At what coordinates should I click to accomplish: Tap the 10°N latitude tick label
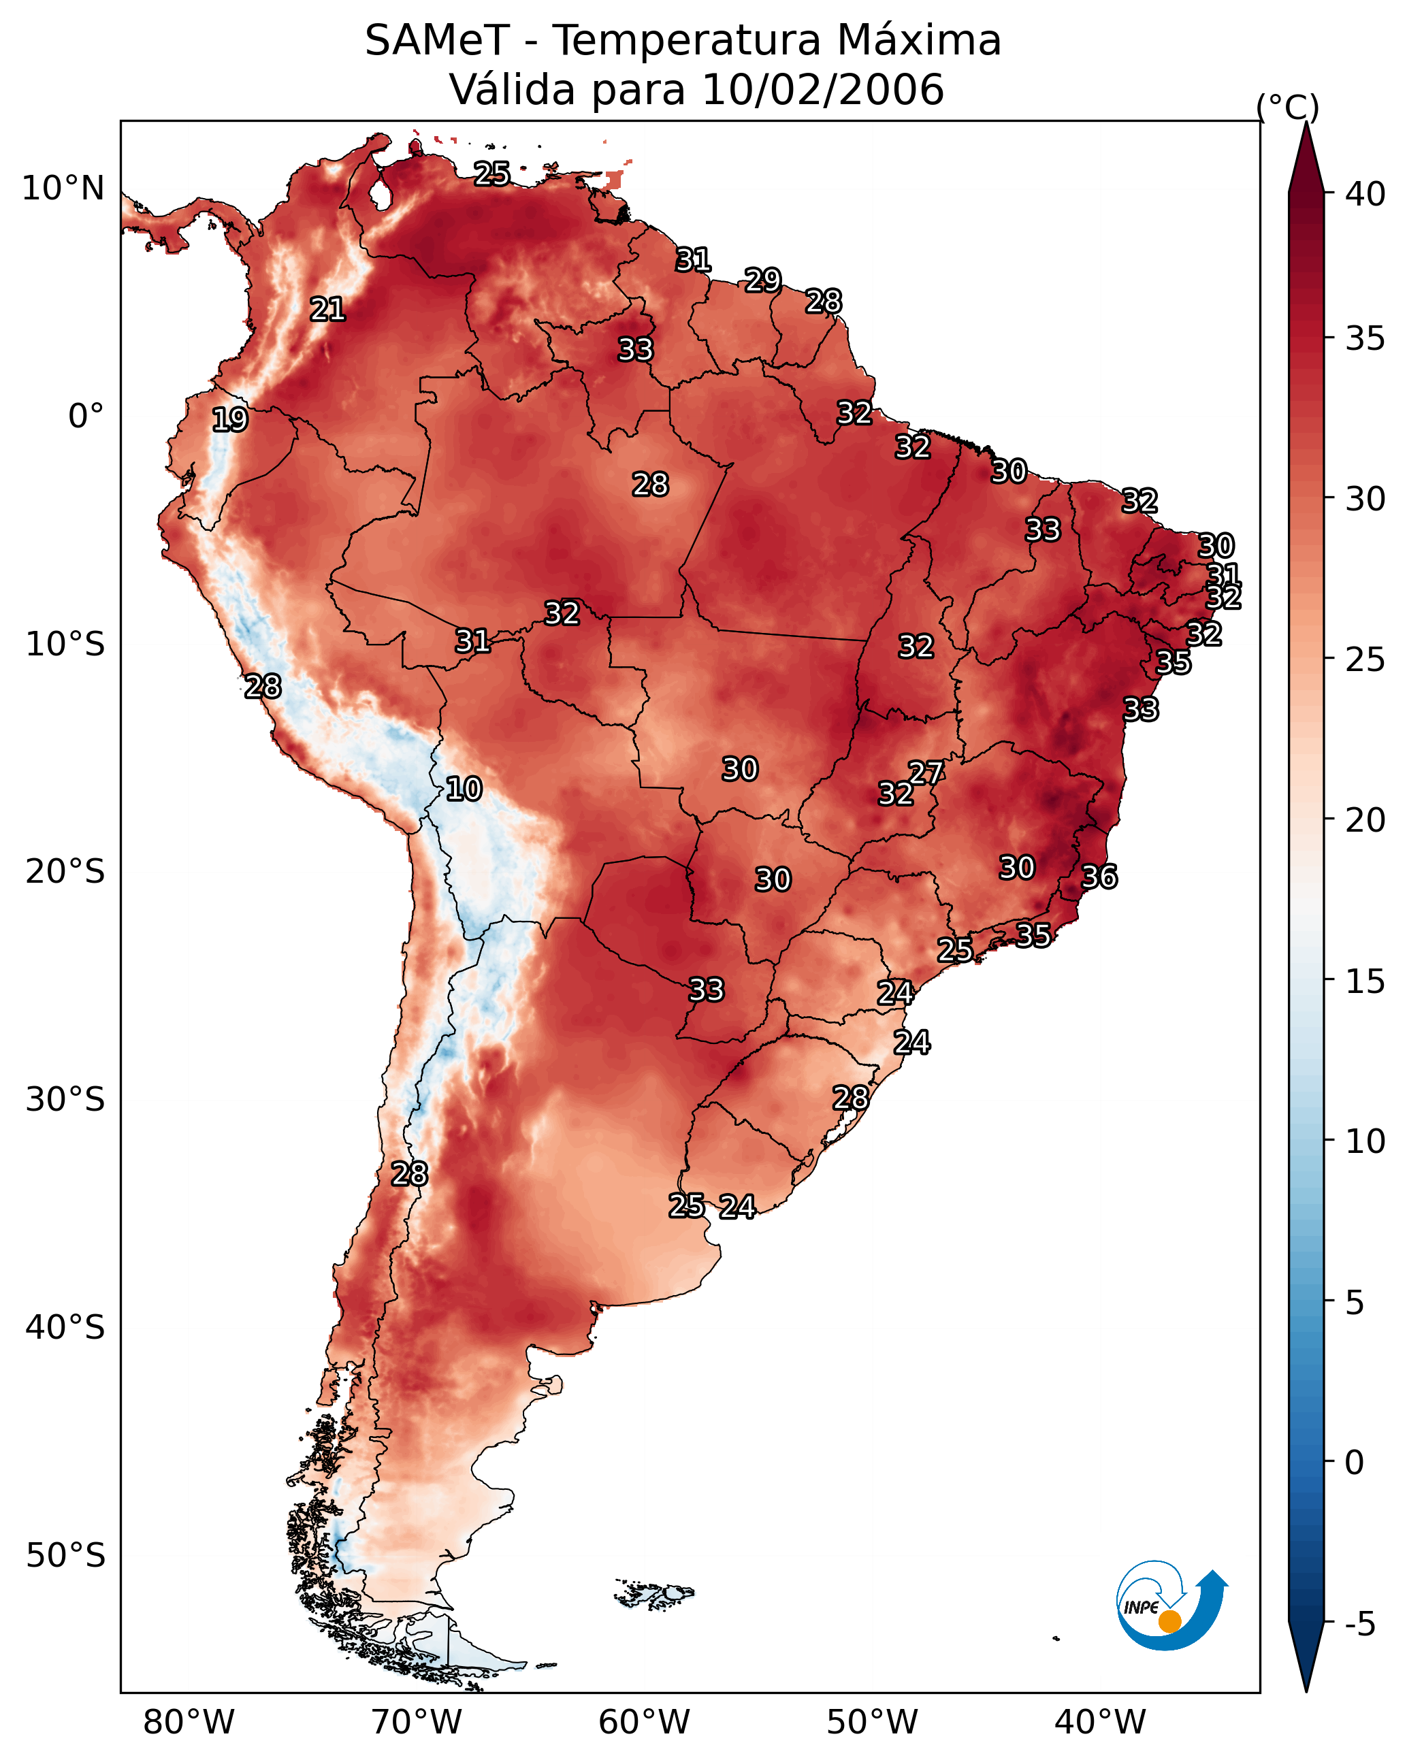[63, 189]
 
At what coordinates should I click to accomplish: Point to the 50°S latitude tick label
[65, 1556]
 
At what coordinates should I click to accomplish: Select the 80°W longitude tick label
[189, 1723]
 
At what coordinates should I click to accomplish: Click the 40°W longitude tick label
[1100, 1723]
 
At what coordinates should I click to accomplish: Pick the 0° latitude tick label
[86, 417]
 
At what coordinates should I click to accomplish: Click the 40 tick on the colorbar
[1365, 194]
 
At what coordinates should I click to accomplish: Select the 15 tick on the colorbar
[1365, 981]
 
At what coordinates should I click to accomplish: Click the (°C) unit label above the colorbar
[1288, 107]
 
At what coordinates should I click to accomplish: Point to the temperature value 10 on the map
[464, 789]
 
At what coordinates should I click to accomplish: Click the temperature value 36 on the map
[1099, 877]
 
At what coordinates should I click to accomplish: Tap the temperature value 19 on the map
[229, 420]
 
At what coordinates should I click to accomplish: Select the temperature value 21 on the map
[327, 310]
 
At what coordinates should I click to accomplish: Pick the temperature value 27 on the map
[926, 772]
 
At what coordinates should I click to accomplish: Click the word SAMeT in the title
[437, 40]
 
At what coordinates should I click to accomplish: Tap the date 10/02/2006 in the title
[822, 89]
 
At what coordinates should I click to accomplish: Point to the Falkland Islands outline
[654, 1593]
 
